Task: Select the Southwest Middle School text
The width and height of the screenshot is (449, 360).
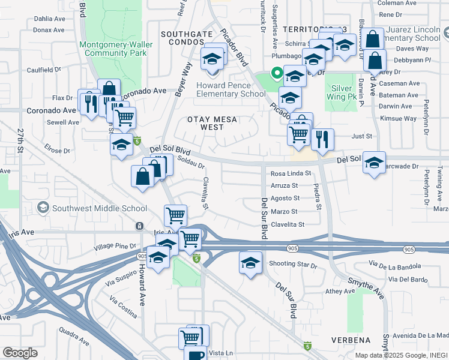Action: pos(99,209)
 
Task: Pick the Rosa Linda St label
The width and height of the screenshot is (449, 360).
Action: pos(291,173)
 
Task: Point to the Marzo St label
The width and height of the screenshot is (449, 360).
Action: pos(284,212)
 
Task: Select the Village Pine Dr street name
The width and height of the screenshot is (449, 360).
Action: pos(116,246)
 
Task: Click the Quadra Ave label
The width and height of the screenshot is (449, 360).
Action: pos(74,330)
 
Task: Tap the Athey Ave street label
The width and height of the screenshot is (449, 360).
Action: pos(340,292)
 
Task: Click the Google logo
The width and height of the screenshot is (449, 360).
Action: pos(20,353)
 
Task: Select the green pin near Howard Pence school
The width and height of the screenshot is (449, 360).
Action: pos(276,74)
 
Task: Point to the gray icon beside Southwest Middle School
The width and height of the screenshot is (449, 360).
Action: pos(43,208)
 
